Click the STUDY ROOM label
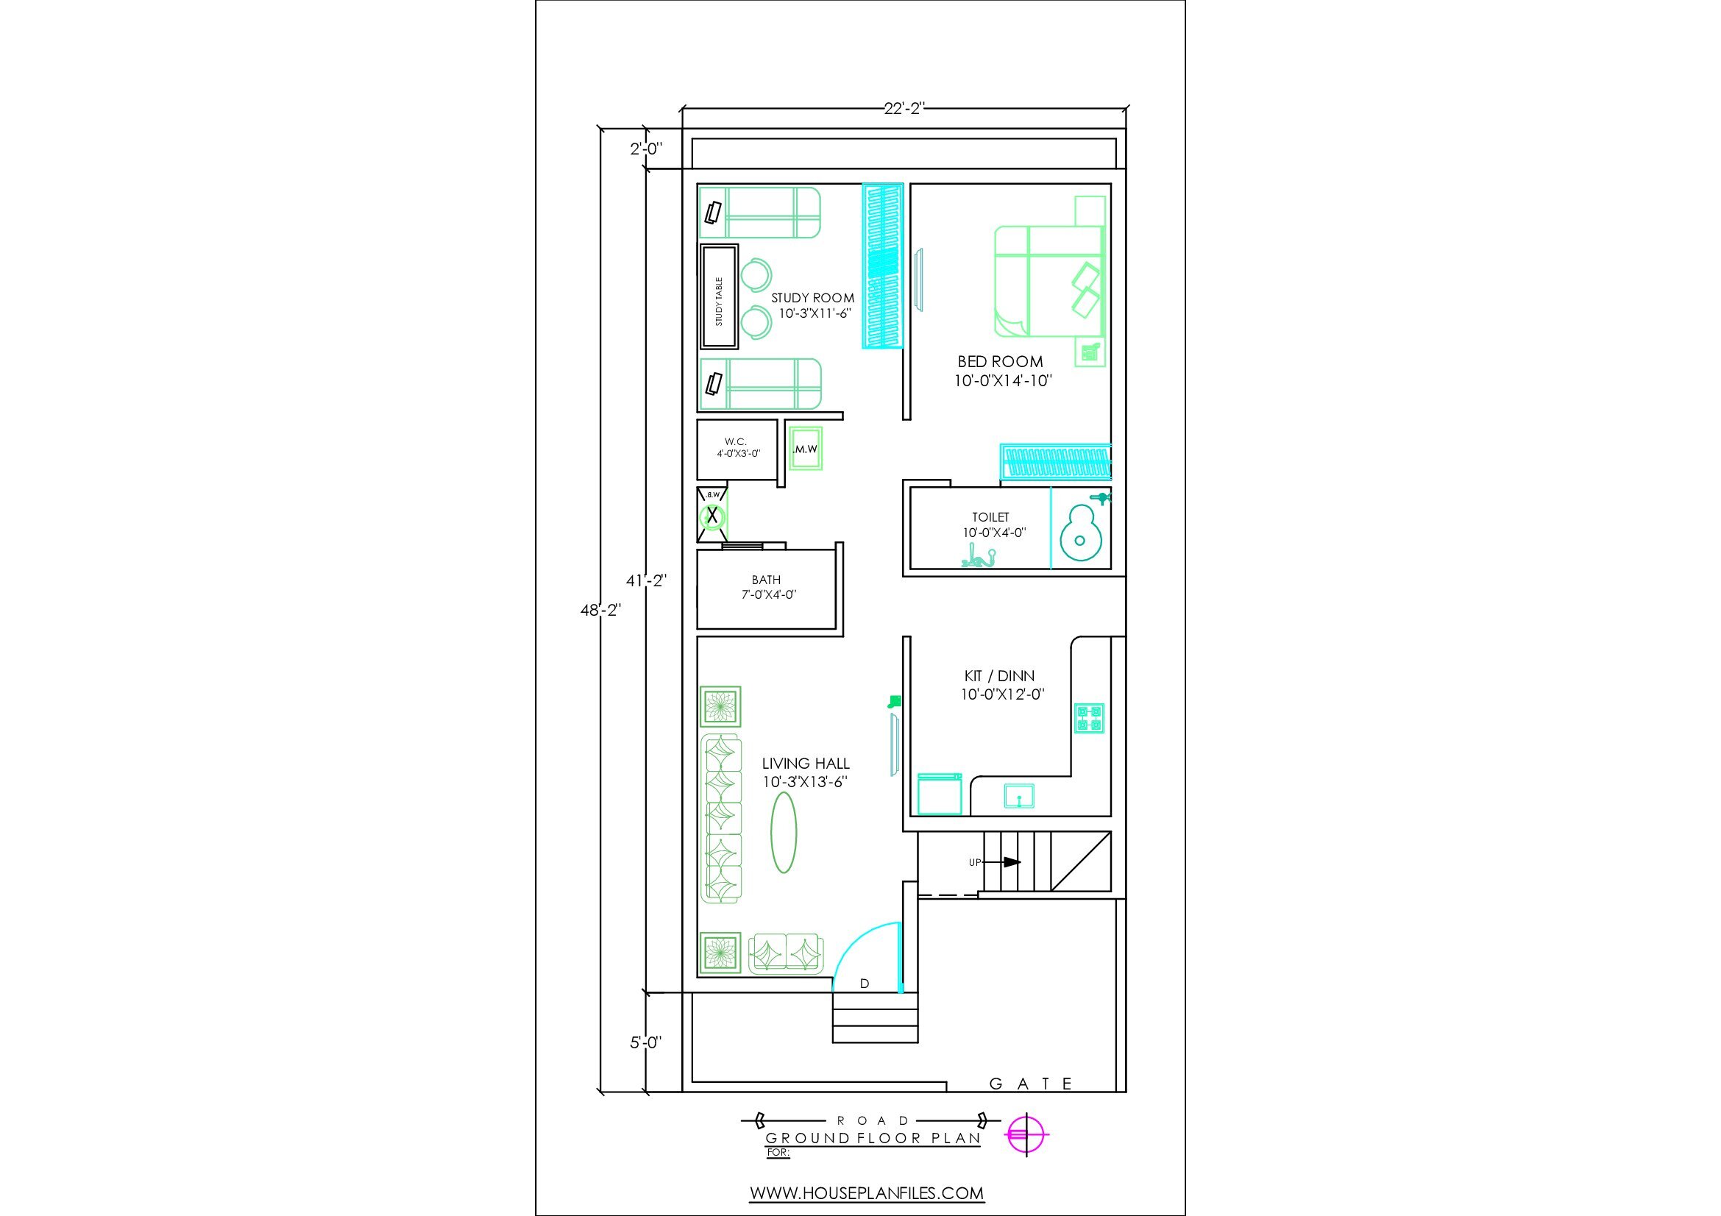pyautogui.click(x=812, y=297)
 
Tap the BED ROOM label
pyautogui.click(x=1000, y=361)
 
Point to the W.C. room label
pyautogui.click(x=735, y=442)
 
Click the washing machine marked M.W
pyautogui.click(x=804, y=448)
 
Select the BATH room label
pyautogui.click(x=766, y=580)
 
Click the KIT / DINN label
pyautogui.click(x=999, y=676)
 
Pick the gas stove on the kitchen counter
pyautogui.click(x=1089, y=718)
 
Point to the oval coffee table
pyautogui.click(x=784, y=833)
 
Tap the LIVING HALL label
pyautogui.click(x=806, y=764)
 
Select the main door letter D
pyautogui.click(x=865, y=984)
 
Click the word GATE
pyautogui.click(x=1032, y=1084)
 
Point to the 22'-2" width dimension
pyautogui.click(x=905, y=109)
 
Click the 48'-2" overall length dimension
pyautogui.click(x=600, y=611)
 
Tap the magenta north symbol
pyautogui.click(x=1028, y=1135)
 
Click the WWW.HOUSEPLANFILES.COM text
pyautogui.click(x=867, y=1192)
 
